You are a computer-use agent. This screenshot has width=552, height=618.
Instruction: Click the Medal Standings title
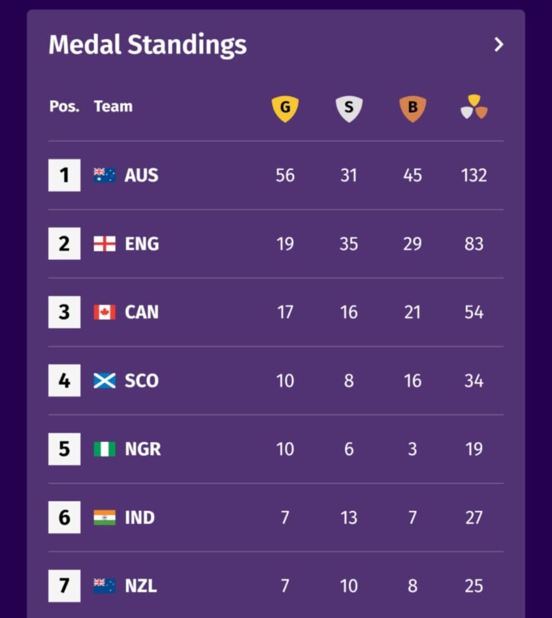coord(147,45)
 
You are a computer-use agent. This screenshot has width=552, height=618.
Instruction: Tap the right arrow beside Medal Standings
coord(499,45)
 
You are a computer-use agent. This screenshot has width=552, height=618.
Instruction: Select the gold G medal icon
coord(285,108)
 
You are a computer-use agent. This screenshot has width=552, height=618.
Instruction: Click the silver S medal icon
coord(349,108)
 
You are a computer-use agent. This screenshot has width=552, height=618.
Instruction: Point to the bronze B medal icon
coord(412,108)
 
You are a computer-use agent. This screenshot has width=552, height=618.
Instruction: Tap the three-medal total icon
coord(474,107)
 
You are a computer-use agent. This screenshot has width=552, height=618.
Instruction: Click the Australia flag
coord(105,175)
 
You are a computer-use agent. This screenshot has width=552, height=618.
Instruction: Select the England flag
coord(105,243)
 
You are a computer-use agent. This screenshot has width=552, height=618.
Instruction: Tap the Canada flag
coord(105,312)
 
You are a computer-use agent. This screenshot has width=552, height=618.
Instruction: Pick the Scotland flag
coord(105,380)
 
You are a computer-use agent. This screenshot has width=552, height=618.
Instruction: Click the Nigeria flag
coord(105,449)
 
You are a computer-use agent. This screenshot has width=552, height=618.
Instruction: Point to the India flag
coord(105,517)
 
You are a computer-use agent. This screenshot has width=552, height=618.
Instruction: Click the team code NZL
coord(141,586)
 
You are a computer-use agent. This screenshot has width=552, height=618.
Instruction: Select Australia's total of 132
coord(474,175)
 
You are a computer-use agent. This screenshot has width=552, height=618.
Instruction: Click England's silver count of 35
coord(349,244)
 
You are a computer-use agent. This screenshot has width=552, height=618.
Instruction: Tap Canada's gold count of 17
coord(285,312)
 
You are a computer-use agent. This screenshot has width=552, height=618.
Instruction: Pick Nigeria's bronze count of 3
coord(412,449)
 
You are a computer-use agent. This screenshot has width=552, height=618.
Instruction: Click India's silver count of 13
coord(349,517)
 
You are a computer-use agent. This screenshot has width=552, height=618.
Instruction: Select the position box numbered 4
coord(64,380)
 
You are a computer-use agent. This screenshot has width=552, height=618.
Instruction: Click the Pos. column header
coord(64,106)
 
